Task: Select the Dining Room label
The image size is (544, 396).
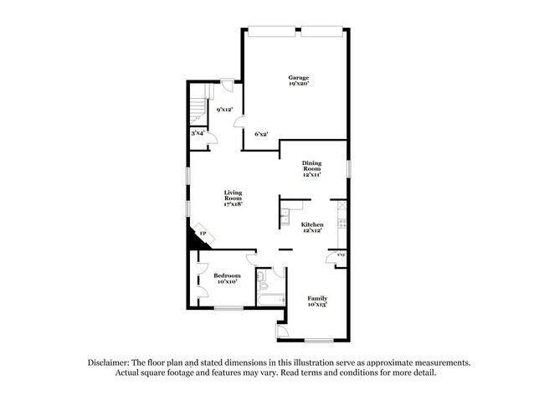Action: pyautogui.click(x=312, y=166)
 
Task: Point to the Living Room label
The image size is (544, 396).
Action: pyautogui.click(x=233, y=195)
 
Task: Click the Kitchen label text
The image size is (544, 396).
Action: pyautogui.click(x=312, y=224)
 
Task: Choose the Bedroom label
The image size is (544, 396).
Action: pyautogui.click(x=227, y=275)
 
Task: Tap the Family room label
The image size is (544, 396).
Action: pyautogui.click(x=317, y=298)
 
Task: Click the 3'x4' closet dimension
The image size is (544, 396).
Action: pyautogui.click(x=198, y=133)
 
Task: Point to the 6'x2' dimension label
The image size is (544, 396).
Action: pyautogui.click(x=261, y=134)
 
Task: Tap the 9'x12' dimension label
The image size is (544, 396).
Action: pyautogui.click(x=223, y=110)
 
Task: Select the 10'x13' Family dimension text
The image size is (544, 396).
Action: pyautogui.click(x=317, y=305)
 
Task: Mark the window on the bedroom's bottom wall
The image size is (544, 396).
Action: pyautogui.click(x=228, y=309)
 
